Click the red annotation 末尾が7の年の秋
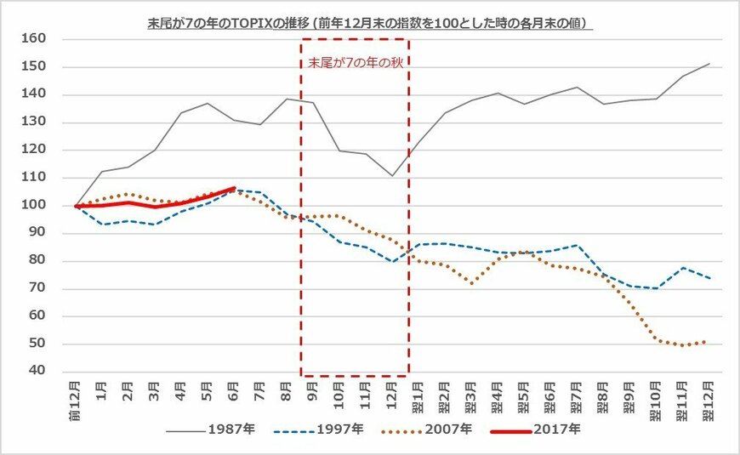[x=354, y=62]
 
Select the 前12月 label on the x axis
[x=77, y=395]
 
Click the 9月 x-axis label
[x=314, y=390]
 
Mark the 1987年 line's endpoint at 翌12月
[x=709, y=64]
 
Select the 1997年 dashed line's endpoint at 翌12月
[x=709, y=277]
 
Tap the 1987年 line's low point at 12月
[x=393, y=176]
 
